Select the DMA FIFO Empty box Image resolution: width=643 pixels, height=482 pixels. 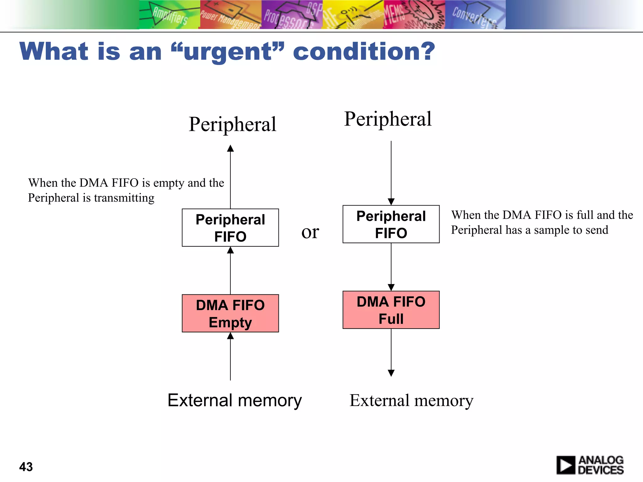230,313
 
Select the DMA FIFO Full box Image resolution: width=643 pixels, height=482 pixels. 391,310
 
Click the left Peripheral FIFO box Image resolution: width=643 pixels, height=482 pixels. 230,228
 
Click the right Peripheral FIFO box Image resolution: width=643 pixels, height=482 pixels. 391,224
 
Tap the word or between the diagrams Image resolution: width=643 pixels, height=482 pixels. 310,233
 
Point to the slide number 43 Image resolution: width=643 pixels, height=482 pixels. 26,467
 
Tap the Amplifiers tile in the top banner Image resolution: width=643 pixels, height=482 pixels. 170,15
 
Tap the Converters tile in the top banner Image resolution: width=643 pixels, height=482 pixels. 475,15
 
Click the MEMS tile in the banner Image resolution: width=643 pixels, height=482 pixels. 414,15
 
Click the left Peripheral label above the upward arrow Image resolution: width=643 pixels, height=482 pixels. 232,124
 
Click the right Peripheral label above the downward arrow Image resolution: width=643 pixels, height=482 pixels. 388,119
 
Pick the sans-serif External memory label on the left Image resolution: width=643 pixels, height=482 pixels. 235,400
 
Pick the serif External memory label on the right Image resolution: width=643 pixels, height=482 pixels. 411,400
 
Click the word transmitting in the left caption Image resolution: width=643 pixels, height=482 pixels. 124,198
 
